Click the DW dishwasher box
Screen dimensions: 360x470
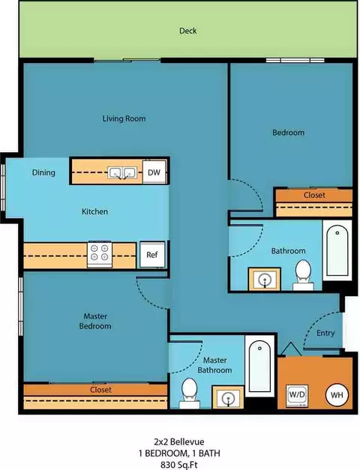tap(154, 172)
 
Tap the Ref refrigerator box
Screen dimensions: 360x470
tap(152, 254)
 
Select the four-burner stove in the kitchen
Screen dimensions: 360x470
tap(100, 254)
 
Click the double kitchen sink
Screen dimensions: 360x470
tap(122, 173)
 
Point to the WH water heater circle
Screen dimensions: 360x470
tap(337, 395)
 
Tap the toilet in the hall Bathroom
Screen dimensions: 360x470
tap(303, 275)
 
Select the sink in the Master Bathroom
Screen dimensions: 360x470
tap(228, 398)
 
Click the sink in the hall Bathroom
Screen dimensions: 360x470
tap(265, 280)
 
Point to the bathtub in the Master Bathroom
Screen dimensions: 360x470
tap(259, 366)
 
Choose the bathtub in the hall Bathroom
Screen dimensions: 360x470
tap(337, 250)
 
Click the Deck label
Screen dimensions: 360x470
tap(188, 31)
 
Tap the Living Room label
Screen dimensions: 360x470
tap(124, 118)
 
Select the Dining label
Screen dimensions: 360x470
tap(43, 172)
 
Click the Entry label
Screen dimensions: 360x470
tap(325, 333)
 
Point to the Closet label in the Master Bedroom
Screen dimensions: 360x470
tap(100, 390)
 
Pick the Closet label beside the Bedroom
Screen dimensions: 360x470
tap(314, 195)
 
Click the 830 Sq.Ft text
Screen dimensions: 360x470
tap(179, 465)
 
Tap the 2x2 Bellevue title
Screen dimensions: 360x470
tap(179, 442)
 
